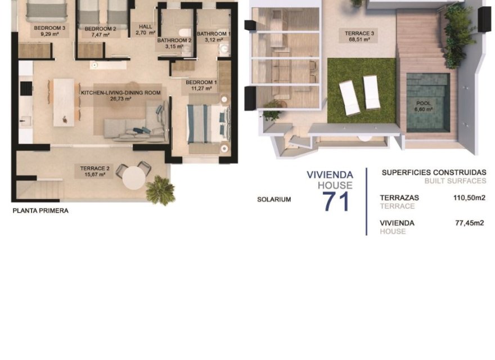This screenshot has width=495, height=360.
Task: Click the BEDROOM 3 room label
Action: point(46,28)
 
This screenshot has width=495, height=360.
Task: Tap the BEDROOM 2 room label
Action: point(100,28)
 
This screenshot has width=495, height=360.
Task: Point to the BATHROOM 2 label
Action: point(174,40)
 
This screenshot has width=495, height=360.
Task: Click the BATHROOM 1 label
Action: point(213,34)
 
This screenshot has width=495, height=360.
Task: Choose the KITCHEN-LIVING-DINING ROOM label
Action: point(121,93)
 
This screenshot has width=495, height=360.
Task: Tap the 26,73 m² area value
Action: point(120,99)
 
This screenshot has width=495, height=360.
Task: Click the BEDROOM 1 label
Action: point(201,82)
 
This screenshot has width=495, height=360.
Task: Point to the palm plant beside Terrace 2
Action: point(160,190)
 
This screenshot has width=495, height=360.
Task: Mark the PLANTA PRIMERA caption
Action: point(40,211)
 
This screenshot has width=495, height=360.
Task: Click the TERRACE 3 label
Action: point(360,34)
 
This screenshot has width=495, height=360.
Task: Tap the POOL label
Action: point(424,103)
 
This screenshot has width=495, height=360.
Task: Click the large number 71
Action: point(336,202)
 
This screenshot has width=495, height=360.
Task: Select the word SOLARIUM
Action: point(274,199)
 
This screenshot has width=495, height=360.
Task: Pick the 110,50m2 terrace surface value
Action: point(469,198)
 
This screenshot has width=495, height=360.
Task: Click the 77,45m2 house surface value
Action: point(469,223)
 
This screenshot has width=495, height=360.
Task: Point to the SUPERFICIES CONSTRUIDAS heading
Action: point(434,173)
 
